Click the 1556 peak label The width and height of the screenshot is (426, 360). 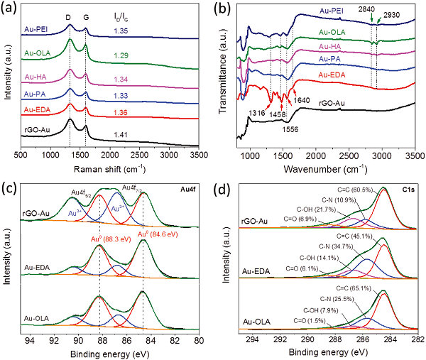click(x=290, y=129)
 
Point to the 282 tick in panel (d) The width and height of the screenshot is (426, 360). click(x=413, y=340)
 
